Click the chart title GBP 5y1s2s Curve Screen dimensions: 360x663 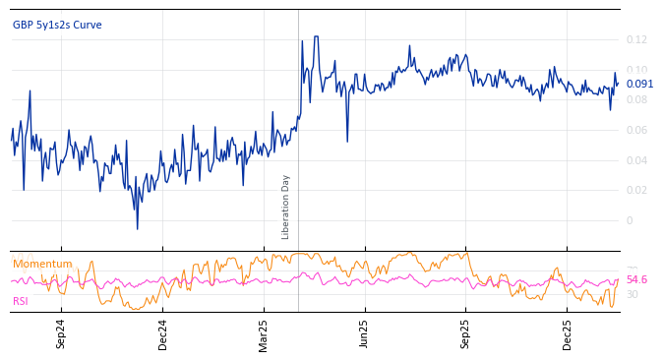[57, 26]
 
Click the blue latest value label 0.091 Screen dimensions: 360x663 [639, 84]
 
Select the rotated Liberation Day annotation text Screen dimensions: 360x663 [286, 207]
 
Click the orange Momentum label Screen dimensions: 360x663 [42, 264]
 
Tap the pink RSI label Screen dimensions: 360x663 [21, 301]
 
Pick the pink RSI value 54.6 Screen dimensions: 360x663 [637, 280]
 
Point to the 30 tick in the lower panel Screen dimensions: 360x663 [632, 294]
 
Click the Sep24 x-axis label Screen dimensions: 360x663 [61, 334]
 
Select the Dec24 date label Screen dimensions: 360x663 [162, 334]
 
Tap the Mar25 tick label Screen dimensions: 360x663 [264, 334]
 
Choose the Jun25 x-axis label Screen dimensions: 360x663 [364, 334]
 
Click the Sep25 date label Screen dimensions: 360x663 [465, 334]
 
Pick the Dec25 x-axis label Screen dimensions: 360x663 [567, 334]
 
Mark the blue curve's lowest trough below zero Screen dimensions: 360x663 [137, 229]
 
